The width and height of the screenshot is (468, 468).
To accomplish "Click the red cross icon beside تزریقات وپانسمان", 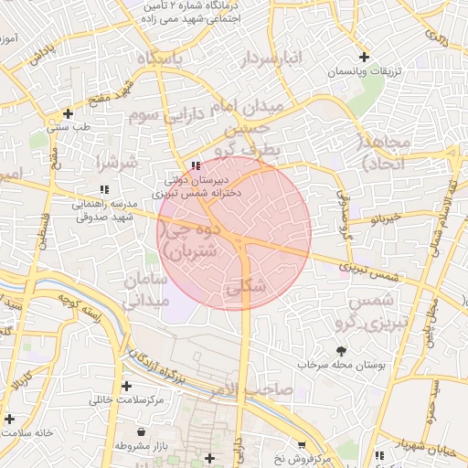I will (x=365, y=57).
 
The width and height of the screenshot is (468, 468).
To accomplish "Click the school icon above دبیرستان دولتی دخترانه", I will (x=195, y=165).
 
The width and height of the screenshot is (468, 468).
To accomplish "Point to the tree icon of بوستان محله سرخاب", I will (x=342, y=350).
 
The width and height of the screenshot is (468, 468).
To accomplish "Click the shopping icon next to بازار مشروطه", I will (x=140, y=431).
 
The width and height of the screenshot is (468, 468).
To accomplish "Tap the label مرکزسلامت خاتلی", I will (x=126, y=399).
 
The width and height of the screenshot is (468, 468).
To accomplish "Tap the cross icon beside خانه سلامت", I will (x=9, y=419).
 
